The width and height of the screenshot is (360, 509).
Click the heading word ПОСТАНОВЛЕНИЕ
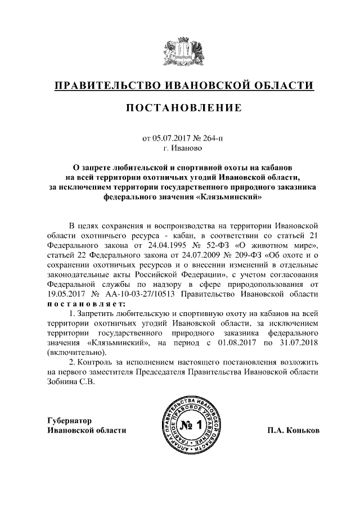pyautogui.click(x=180, y=108)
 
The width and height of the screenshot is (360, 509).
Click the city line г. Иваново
pyautogui.click(x=180, y=149)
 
